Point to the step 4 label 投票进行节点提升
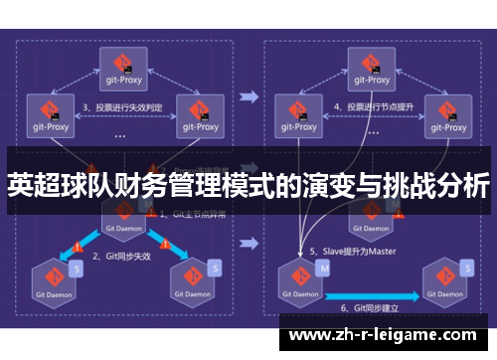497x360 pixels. pyautogui.click(x=373, y=105)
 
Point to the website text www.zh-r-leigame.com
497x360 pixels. pyautogui.click(x=383, y=334)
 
